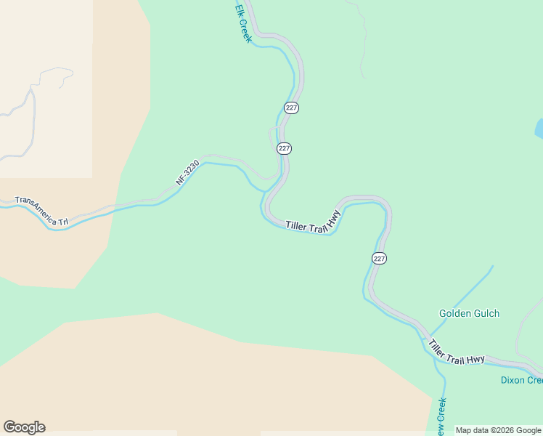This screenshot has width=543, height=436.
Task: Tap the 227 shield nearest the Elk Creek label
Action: coord(291,108)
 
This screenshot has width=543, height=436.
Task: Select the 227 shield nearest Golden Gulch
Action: coord(380,259)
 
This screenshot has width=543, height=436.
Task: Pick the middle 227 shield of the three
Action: coord(284,148)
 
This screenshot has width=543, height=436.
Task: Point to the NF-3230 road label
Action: coord(187,171)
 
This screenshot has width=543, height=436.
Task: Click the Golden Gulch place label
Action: coord(469,314)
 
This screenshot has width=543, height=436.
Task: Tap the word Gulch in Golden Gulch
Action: coord(486,314)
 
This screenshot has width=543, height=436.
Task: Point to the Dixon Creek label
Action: coord(521,380)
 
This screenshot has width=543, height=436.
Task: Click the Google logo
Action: coord(24,427)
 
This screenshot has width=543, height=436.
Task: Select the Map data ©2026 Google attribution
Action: coord(498,430)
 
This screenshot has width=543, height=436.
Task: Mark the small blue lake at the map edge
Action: coord(539,129)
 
